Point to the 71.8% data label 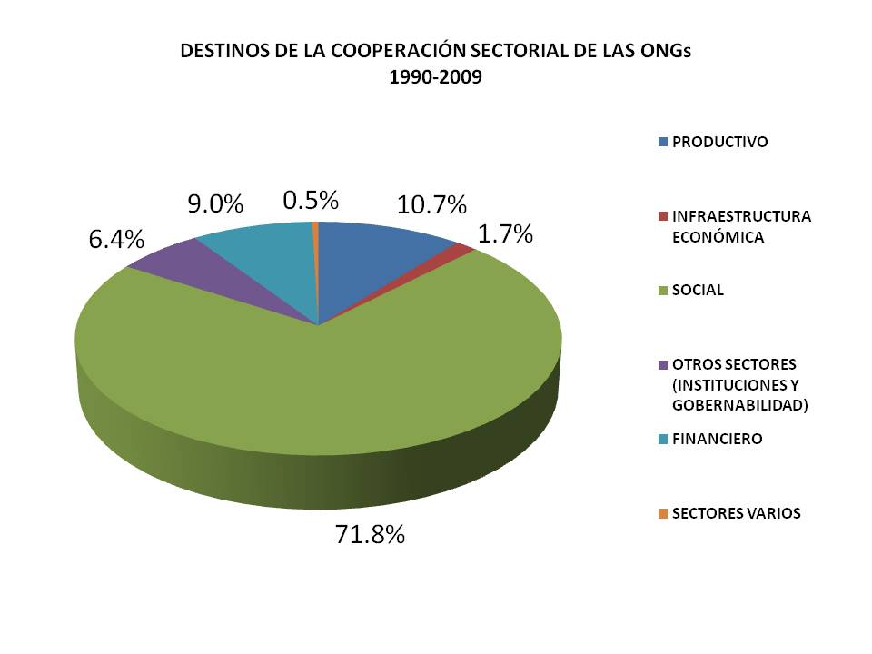[369, 534]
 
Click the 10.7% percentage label [431, 204]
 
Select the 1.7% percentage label [505, 234]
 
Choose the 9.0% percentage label [215, 204]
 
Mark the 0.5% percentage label [311, 200]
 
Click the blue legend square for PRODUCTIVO [663, 142]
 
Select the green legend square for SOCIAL [663, 291]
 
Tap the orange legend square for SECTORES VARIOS [663, 514]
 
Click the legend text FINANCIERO [717, 439]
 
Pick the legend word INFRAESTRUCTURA [741, 216]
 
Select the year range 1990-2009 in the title [435, 78]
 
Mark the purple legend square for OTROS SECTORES [663, 365]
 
